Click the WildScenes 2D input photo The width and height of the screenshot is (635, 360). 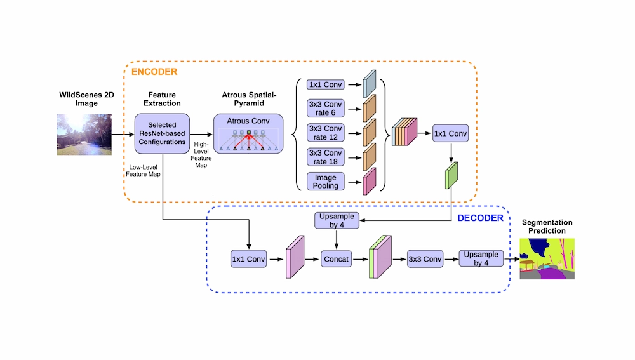click(84, 134)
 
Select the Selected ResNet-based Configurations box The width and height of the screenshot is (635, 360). click(162, 133)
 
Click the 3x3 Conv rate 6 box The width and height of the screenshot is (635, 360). click(324, 108)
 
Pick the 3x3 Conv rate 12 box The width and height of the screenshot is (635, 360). click(324, 133)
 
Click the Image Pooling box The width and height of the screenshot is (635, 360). click(324, 182)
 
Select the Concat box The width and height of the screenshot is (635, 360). click(337, 259)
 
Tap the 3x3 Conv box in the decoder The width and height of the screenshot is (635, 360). click(424, 259)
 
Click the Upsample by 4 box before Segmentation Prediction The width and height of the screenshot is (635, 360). click(481, 258)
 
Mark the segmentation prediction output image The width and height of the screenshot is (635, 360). click(547, 259)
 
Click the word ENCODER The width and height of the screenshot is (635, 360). click(154, 72)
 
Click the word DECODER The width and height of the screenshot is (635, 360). click(480, 218)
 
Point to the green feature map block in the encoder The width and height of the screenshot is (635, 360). click(451, 175)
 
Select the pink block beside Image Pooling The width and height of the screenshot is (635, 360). click(370, 181)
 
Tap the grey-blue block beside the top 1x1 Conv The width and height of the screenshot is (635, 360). click(370, 83)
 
